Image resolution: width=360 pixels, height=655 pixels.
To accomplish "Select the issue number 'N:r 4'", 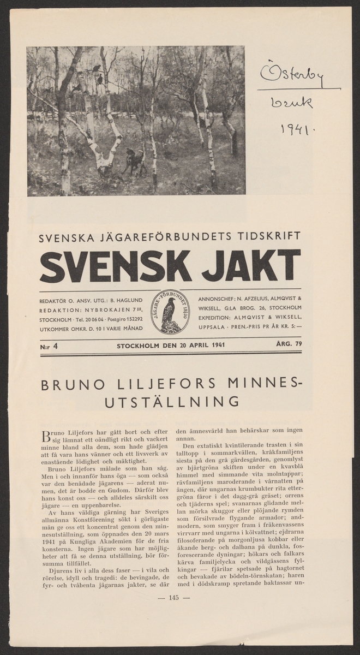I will click(49, 346).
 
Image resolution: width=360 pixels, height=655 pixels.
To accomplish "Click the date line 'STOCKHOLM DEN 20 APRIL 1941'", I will click(170, 345).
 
